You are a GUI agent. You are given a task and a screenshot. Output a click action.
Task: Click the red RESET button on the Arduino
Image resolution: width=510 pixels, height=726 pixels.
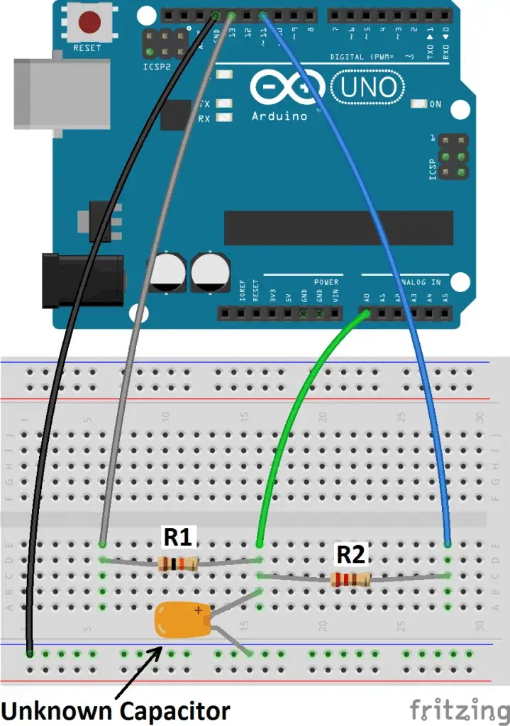click(89, 23)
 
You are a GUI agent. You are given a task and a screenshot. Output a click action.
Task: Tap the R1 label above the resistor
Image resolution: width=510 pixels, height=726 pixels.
click(177, 537)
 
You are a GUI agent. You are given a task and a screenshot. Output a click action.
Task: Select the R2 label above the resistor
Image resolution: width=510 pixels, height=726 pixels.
click(350, 554)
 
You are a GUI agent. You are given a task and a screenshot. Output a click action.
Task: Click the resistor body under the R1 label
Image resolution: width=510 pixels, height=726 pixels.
click(178, 564)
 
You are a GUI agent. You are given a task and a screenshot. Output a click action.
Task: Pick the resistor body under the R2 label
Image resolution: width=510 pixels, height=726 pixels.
click(350, 579)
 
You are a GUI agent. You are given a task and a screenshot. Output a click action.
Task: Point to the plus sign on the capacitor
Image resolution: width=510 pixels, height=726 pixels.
click(199, 609)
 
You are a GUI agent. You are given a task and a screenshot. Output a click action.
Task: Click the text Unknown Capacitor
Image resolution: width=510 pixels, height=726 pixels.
click(116, 710)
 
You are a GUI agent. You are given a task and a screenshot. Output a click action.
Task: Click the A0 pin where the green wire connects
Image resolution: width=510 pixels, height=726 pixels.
click(366, 312)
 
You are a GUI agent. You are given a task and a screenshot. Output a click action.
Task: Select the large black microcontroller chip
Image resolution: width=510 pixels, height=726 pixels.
click(338, 228)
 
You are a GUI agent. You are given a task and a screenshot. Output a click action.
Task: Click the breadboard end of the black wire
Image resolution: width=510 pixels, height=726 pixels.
click(30, 653)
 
